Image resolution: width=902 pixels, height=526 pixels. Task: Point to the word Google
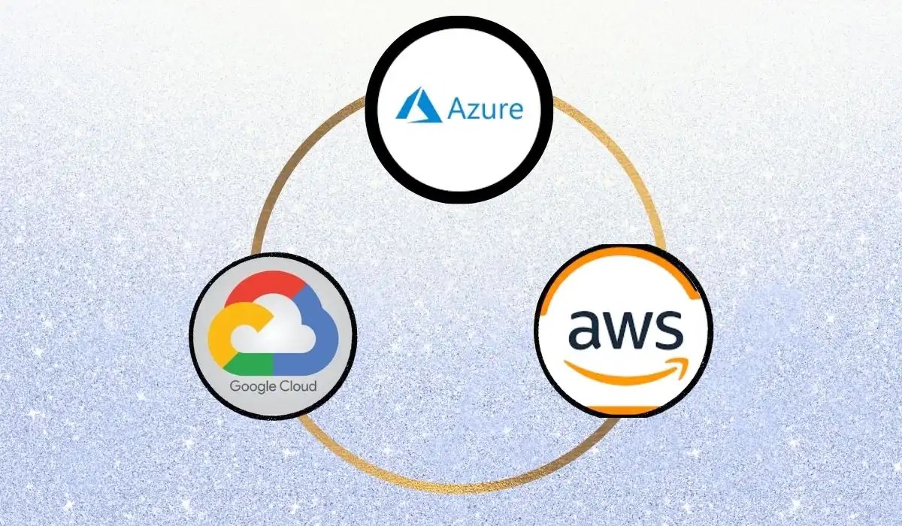[252, 388]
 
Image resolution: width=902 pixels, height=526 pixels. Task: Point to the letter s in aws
[669, 329]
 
